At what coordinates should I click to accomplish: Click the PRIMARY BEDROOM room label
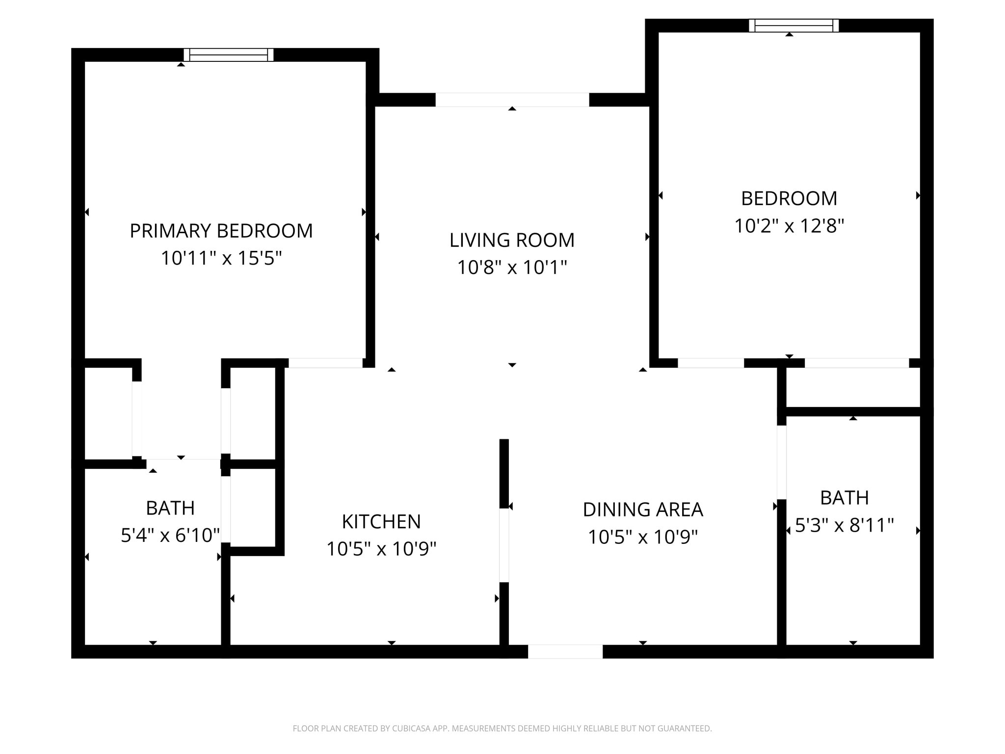tap(221, 231)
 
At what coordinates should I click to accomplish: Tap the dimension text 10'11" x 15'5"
tap(221, 258)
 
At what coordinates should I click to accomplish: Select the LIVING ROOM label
tap(512, 240)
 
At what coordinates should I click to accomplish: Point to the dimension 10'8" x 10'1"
tap(512, 268)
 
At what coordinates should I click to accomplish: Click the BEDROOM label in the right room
tap(789, 198)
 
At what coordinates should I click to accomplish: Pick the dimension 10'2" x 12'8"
tap(789, 226)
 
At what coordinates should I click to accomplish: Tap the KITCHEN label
tap(381, 521)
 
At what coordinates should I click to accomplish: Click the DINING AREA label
tap(643, 510)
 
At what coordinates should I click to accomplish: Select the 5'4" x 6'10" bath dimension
tap(170, 535)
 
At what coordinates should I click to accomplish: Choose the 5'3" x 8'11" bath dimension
tap(844, 525)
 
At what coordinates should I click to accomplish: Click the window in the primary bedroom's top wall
tap(228, 54)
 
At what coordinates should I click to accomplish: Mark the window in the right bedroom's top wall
tap(793, 25)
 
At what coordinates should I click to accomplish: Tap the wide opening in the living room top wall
tap(512, 100)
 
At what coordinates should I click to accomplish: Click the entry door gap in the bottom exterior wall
tap(565, 651)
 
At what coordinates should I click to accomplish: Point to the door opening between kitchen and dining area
tap(504, 545)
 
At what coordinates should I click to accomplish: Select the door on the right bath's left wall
tap(782, 462)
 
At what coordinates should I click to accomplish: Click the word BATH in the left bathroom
tap(170, 508)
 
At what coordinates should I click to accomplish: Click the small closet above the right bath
tap(852, 388)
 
